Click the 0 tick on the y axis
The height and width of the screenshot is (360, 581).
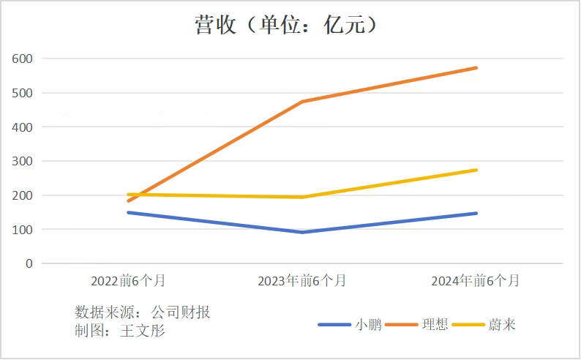pyautogui.click(x=29, y=263)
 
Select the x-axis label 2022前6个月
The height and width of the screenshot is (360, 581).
pyautogui.click(x=128, y=281)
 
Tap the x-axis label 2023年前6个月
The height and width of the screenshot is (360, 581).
pyautogui.click(x=302, y=281)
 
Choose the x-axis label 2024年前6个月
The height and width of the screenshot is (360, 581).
pyautogui.click(x=476, y=281)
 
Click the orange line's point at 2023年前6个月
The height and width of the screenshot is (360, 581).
pyautogui.click(x=302, y=102)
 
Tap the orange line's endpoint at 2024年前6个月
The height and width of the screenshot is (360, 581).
pyautogui.click(x=476, y=68)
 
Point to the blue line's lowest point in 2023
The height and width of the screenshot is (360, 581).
pyautogui.click(x=302, y=232)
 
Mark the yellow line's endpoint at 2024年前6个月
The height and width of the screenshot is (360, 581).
pyautogui.click(x=476, y=170)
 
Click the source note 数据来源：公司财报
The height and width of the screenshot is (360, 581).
pyautogui.click(x=143, y=312)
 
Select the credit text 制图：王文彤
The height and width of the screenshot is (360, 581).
pyautogui.click(x=120, y=331)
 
